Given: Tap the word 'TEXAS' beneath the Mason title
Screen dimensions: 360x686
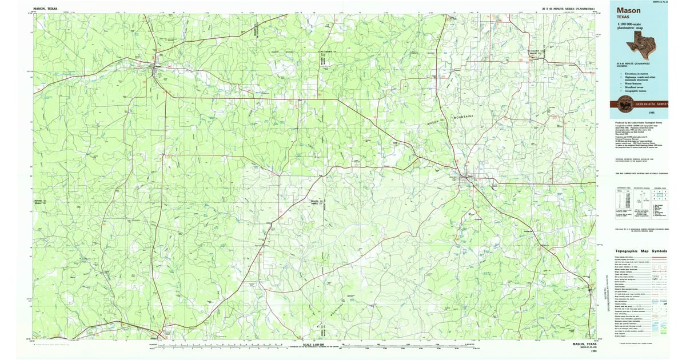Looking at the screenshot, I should point(623,17).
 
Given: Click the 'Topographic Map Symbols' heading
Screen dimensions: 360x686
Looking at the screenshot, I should point(641,251).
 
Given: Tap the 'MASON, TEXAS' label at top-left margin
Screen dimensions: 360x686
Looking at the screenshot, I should point(46,9).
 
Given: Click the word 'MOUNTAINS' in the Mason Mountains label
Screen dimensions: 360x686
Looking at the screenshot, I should point(464,118).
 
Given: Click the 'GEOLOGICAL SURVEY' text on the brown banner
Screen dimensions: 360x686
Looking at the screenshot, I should point(652,104).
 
